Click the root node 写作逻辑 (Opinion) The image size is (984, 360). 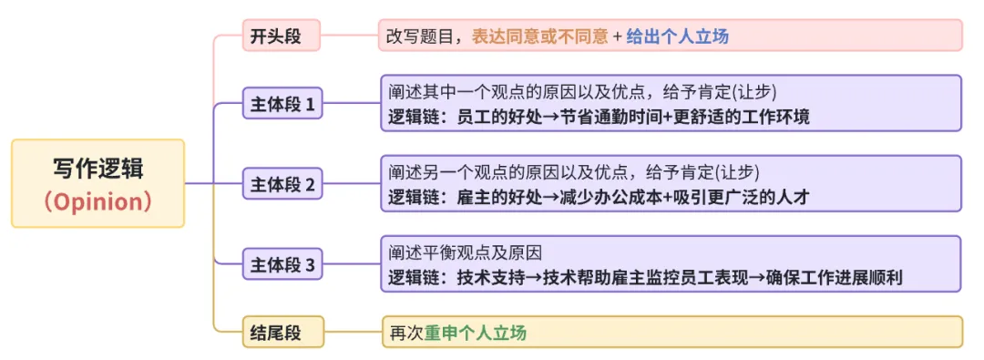[97, 183]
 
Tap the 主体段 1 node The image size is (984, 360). [282, 104]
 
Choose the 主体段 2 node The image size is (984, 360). [282, 185]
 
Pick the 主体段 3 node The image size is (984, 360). [282, 265]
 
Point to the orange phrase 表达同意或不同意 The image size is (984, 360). [539, 36]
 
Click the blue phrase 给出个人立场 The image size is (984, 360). [677, 36]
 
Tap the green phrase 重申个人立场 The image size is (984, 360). [476, 333]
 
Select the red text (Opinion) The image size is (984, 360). [97, 201]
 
